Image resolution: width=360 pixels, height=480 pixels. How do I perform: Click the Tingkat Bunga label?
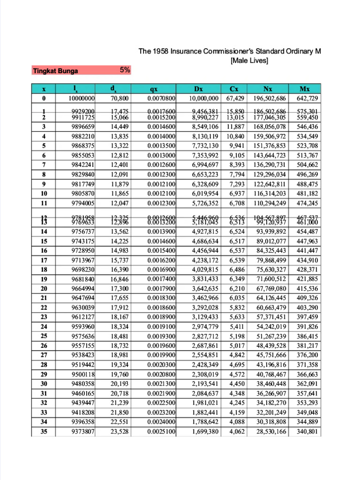[55, 71]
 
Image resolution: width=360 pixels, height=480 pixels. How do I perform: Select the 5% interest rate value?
[125, 70]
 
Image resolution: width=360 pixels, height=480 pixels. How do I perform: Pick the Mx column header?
[307, 89]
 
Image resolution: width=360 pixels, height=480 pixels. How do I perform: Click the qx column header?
[154, 89]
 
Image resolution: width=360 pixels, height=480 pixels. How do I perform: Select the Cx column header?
[234, 89]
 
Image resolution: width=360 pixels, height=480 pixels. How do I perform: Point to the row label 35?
[44, 431]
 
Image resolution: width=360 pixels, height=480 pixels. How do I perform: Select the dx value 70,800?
[120, 98]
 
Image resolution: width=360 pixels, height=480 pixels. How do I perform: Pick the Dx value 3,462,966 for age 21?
[205, 298]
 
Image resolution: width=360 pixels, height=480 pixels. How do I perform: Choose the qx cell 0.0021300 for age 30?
[161, 383]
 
